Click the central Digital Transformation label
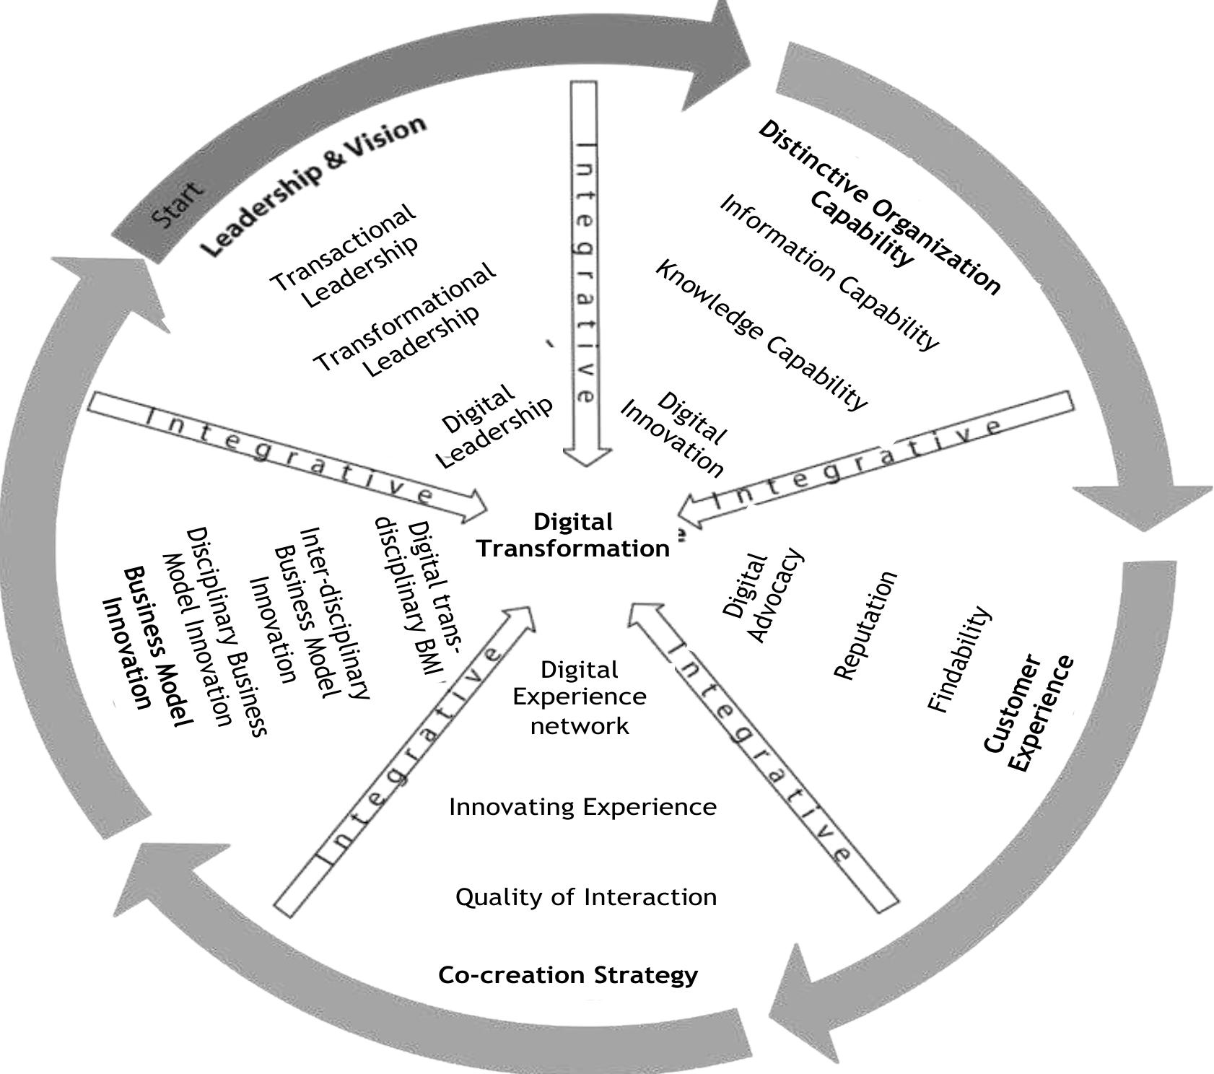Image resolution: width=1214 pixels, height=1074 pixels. point(572,536)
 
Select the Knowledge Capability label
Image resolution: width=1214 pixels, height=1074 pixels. point(761,335)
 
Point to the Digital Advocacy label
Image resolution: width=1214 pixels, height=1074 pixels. point(759,596)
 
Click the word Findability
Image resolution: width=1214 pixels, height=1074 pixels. point(958,659)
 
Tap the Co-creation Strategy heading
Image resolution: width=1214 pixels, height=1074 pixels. point(568,975)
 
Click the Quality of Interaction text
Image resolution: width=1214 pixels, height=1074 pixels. point(586,897)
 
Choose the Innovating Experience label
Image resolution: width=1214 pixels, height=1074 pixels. point(582,806)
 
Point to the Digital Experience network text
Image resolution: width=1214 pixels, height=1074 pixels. point(580,697)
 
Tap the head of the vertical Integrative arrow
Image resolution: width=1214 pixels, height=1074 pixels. point(587,459)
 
